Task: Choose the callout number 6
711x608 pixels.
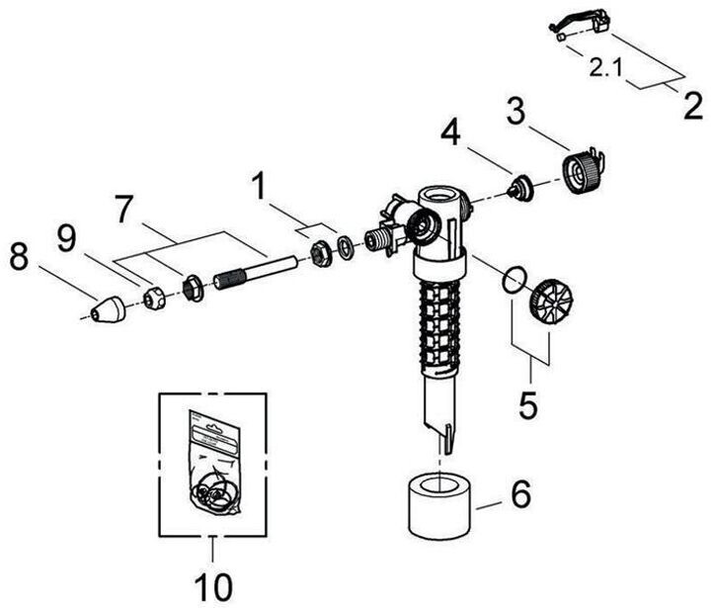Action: coord(519,491)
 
